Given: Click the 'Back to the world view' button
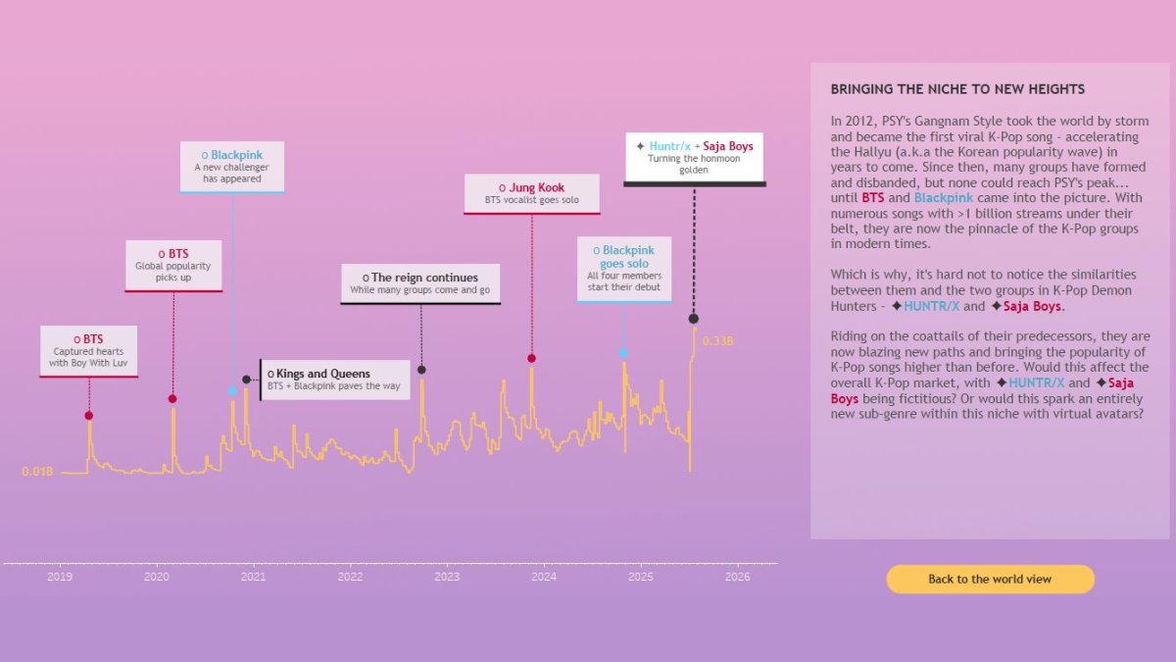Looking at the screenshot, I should click(990, 579).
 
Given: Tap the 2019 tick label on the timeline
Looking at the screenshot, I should click(60, 578).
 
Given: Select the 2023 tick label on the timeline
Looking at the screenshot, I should click(447, 578).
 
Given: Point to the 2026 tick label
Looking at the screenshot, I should click(737, 578).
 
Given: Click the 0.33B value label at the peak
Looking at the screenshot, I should click(718, 341).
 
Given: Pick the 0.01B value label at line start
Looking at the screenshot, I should click(37, 472).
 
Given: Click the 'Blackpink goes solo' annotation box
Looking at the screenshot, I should click(623, 268).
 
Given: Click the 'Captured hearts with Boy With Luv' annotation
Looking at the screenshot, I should click(89, 351).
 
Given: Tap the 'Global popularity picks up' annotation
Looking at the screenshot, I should click(173, 265).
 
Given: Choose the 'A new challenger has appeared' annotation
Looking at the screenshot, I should click(232, 167).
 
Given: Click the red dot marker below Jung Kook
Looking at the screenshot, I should click(531, 358).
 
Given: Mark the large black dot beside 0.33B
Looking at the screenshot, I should click(694, 319).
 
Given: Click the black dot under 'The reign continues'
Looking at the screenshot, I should click(421, 370).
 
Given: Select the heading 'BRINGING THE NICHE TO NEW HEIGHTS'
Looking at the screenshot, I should click(957, 89).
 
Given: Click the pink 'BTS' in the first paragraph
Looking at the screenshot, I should click(872, 198).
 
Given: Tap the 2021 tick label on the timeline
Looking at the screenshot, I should click(253, 578).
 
